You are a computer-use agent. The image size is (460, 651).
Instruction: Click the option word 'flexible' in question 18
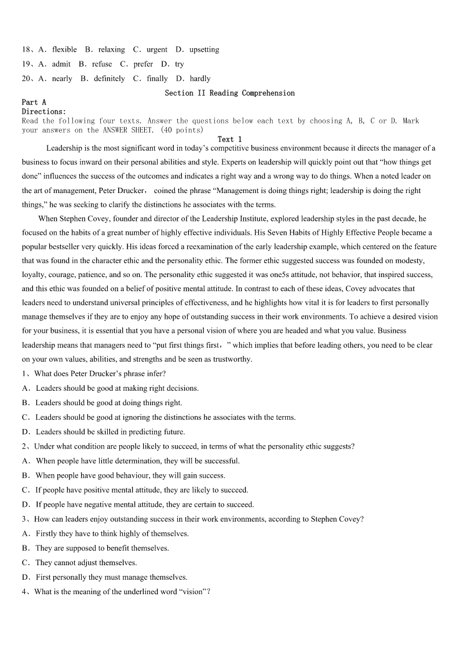(x=64, y=50)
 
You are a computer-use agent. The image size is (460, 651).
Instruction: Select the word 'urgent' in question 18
(x=156, y=50)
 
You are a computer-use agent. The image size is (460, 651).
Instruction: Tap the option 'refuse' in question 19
(x=102, y=64)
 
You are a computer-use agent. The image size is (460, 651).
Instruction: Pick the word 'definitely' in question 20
(x=109, y=79)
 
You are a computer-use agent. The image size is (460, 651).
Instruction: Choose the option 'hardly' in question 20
(x=200, y=79)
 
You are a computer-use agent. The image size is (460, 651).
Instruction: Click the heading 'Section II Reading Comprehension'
(x=229, y=93)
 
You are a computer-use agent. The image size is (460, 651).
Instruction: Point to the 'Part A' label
(x=34, y=102)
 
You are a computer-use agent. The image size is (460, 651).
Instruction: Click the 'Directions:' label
(x=44, y=111)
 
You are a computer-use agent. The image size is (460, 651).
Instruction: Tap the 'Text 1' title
(x=229, y=139)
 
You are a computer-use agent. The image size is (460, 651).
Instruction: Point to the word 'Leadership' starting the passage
(x=64, y=148)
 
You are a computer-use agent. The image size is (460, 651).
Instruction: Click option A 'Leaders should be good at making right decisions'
(x=117, y=388)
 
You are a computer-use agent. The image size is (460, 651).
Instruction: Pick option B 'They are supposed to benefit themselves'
(x=102, y=548)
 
